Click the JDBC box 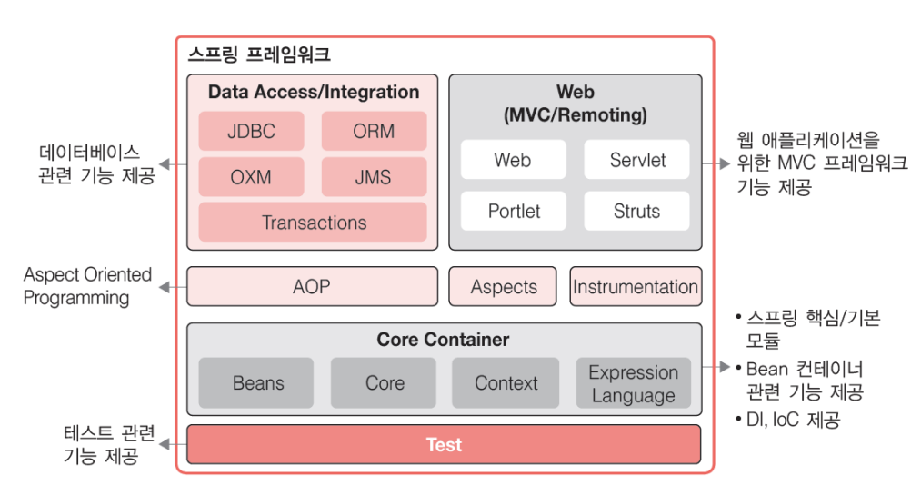(x=251, y=131)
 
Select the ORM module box (x=374, y=131)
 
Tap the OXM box (x=251, y=177)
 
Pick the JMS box (x=374, y=177)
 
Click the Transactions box (x=313, y=223)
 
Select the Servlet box (x=636, y=160)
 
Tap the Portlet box (x=514, y=211)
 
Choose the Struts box (x=636, y=211)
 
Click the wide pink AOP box (x=312, y=287)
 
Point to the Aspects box (x=504, y=287)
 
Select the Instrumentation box (x=636, y=287)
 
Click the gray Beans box (x=257, y=383)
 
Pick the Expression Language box (x=633, y=383)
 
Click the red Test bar (x=444, y=445)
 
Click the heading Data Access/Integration (x=314, y=92)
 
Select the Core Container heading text (x=443, y=340)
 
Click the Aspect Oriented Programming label (x=87, y=286)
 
